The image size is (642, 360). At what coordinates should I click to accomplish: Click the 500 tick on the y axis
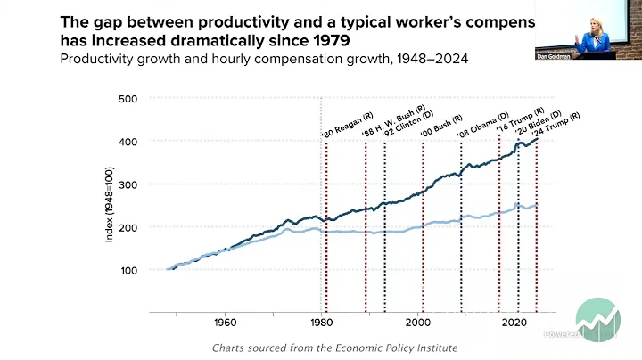pos(127,99)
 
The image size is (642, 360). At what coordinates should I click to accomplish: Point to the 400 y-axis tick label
pos(127,142)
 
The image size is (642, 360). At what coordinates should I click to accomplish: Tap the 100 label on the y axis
pos(127,270)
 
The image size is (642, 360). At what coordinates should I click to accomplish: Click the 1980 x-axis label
pos(322,323)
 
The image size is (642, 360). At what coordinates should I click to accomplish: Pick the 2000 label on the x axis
pos(419,323)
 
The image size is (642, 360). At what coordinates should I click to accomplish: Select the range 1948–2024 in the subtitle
pos(432,59)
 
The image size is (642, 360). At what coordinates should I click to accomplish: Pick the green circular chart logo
pos(597,319)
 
